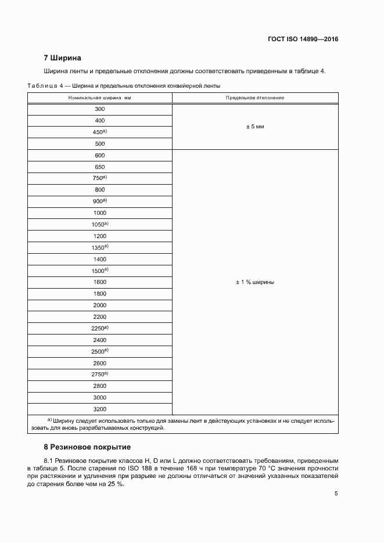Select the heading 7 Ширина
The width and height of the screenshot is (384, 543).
pos(62,58)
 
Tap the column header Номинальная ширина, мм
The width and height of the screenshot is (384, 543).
pos(99,98)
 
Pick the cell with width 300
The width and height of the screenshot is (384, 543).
pos(99,109)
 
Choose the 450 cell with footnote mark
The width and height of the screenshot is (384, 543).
pos(100,132)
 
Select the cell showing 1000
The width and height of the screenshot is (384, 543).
pos(99,213)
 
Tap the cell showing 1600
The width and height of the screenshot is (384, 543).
pos(99,282)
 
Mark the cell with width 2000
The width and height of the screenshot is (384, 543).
pos(99,305)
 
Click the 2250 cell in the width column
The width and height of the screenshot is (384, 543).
pos(100,328)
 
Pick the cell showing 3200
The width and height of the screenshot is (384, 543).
pos(99,409)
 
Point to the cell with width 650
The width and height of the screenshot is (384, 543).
pos(99,167)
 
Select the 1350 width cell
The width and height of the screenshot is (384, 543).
pos(100,247)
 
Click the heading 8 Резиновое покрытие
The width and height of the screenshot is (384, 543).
pos(87,447)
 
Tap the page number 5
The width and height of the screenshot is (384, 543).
pos(336,494)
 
